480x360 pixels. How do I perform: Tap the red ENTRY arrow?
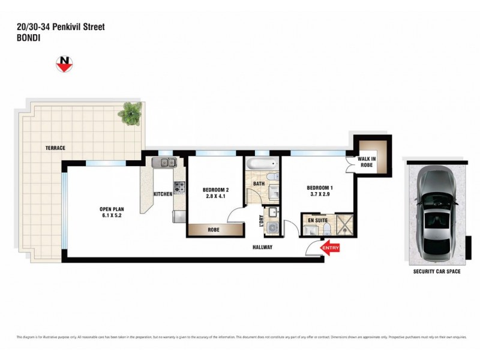point(330,248)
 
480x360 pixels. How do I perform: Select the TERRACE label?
point(55,148)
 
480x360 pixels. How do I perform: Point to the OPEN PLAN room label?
point(112,209)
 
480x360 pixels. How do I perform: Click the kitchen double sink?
point(163,163)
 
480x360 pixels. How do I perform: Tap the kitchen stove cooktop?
point(179,187)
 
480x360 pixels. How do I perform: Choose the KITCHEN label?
point(163,194)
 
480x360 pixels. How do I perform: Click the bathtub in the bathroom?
point(259,164)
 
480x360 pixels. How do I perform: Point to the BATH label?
point(259,184)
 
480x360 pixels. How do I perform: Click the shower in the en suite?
point(345,222)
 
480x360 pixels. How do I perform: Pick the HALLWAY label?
point(262,247)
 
